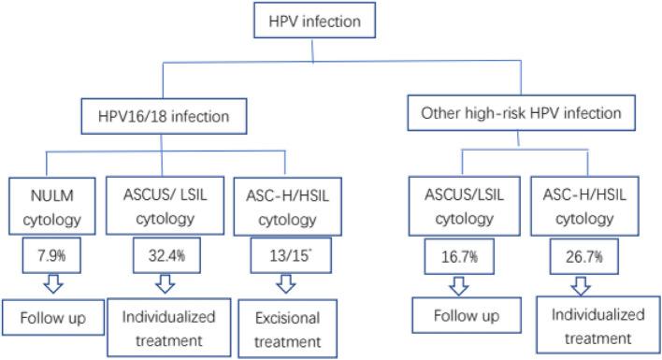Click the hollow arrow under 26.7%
point(581,283)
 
